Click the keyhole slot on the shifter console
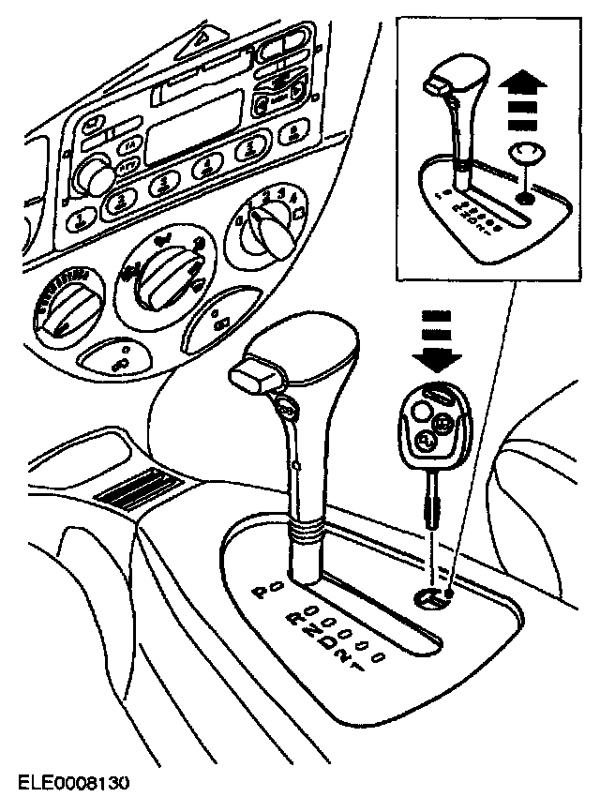click(430, 600)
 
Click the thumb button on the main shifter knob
click(255, 377)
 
